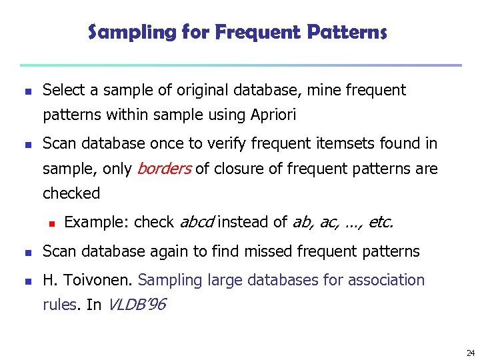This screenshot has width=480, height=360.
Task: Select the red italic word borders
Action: [164, 169]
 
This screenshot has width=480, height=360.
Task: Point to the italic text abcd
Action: [198, 222]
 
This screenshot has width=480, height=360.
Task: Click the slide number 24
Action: [470, 352]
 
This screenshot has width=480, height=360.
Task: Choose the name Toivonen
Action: [97, 280]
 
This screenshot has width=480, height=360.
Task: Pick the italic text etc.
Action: [380, 222]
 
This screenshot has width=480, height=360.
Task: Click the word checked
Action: [71, 193]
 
